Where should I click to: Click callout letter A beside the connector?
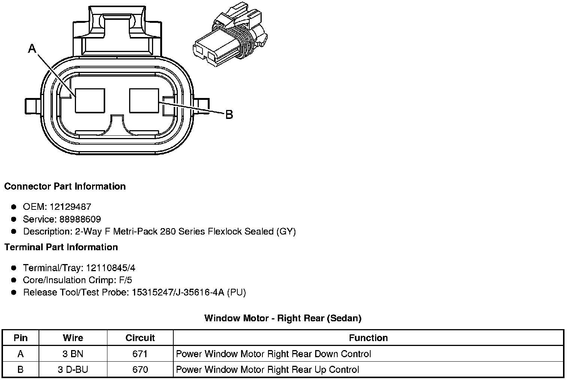[x=32, y=48]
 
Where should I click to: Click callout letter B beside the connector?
[x=229, y=114]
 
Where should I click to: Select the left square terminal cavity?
[x=90, y=100]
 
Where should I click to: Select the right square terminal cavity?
[x=144, y=100]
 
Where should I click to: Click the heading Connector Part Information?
[x=65, y=186]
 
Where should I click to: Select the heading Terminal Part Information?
[x=61, y=247]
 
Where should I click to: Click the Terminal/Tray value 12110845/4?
[x=110, y=268]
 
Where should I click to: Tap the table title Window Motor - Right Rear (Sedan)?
[x=283, y=318]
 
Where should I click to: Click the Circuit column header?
[x=140, y=338]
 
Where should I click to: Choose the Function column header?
[x=368, y=338]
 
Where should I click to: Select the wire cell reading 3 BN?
[x=73, y=354]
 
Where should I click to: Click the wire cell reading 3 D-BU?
[x=73, y=370]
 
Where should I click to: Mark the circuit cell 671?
[x=140, y=354]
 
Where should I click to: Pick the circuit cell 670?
[x=140, y=370]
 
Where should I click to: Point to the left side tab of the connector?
[x=33, y=106]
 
